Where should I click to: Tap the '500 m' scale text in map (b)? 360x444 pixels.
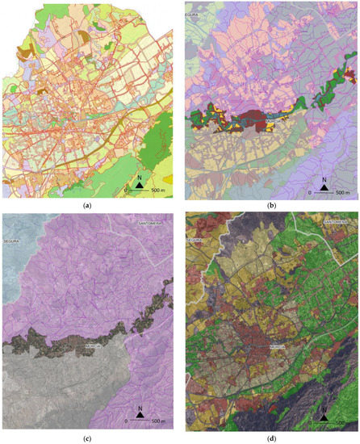(341, 194)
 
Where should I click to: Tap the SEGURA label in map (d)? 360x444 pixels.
(195, 240)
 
